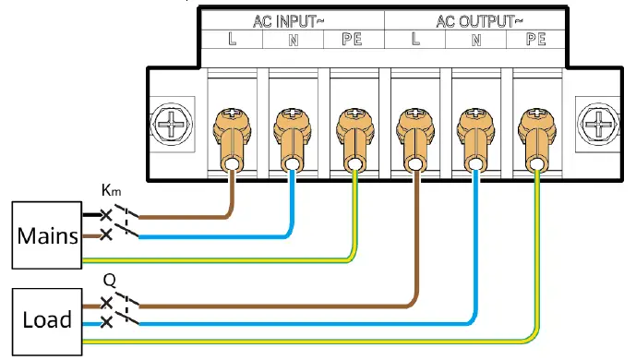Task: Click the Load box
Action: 47,320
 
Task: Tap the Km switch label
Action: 112,192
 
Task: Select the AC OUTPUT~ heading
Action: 475,19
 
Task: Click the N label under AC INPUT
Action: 292,39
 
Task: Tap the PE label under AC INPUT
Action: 352,39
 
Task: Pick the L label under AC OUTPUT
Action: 414,39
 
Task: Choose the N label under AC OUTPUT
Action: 475,39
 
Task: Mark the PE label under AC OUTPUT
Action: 534,39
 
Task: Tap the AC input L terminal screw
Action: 232,119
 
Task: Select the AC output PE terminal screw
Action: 534,119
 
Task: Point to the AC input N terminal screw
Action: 292,119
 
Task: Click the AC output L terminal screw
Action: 414,119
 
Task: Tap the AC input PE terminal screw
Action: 353,119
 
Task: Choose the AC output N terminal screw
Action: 474,119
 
